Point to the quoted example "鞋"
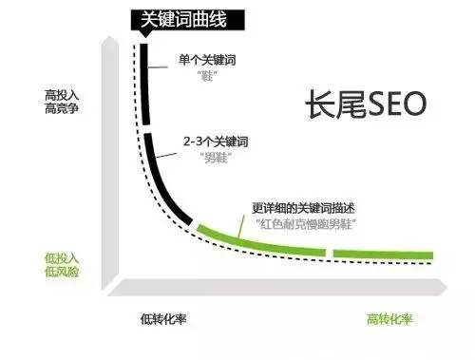point(204,73)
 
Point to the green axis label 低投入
point(62,258)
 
